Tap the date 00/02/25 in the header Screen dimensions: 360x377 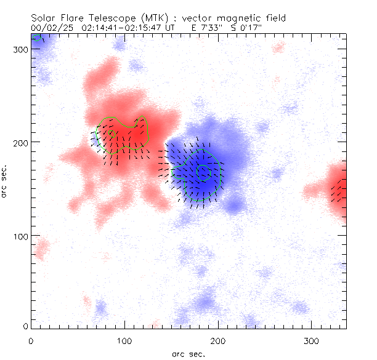pos(48,28)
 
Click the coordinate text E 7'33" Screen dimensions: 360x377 pos(209,28)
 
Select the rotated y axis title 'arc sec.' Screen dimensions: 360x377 pos(7,181)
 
